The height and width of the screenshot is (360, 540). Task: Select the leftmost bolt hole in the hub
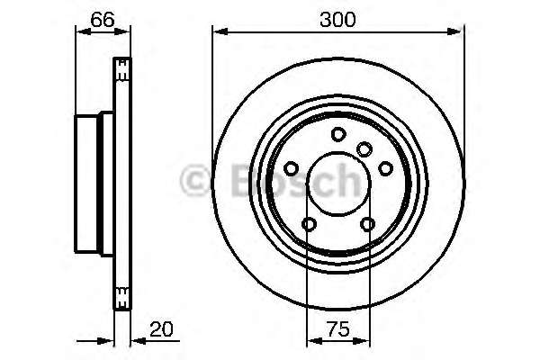click(292, 168)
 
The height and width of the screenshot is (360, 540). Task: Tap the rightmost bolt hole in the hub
click(385, 168)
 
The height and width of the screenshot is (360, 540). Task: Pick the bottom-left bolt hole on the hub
click(310, 224)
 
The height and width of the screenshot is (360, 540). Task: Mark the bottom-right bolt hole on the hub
click(367, 224)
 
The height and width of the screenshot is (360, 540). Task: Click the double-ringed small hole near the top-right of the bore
click(364, 148)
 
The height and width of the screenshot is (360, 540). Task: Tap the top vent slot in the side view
click(121, 67)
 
